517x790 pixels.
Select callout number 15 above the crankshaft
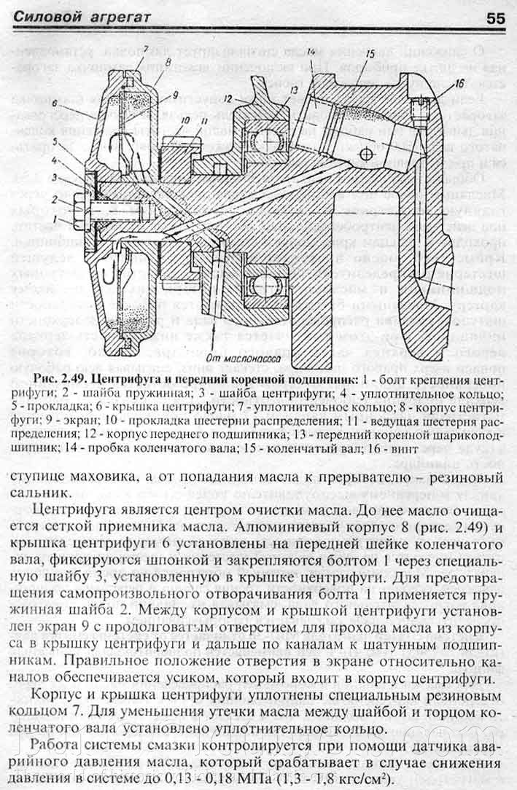370,53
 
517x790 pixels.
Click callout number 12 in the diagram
228,97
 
